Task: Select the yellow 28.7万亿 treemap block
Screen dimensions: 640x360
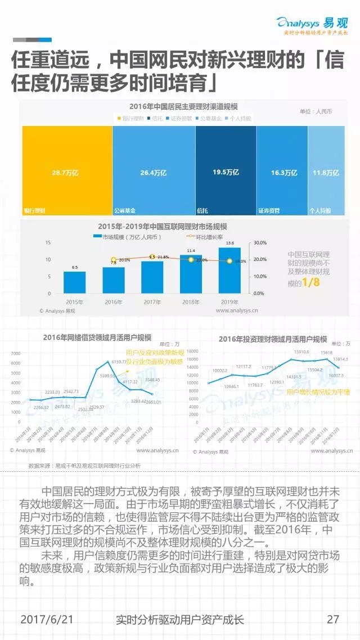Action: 67,171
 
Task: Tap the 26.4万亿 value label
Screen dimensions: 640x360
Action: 154,173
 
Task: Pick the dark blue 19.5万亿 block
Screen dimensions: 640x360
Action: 226,171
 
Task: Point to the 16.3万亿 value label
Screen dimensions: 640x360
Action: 284,173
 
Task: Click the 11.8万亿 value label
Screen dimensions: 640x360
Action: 326,173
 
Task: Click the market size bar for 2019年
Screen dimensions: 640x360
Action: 229,270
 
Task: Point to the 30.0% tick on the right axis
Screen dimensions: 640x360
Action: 259,242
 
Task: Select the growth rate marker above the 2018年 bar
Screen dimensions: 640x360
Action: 191,260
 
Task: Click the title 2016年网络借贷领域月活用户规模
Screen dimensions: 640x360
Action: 97,337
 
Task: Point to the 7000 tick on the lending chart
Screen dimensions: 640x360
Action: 15,353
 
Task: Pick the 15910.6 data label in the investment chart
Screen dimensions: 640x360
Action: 299,352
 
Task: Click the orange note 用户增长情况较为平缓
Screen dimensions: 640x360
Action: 318,391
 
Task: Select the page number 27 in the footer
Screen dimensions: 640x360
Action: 333,619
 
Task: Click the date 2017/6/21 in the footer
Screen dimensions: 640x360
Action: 47,619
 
